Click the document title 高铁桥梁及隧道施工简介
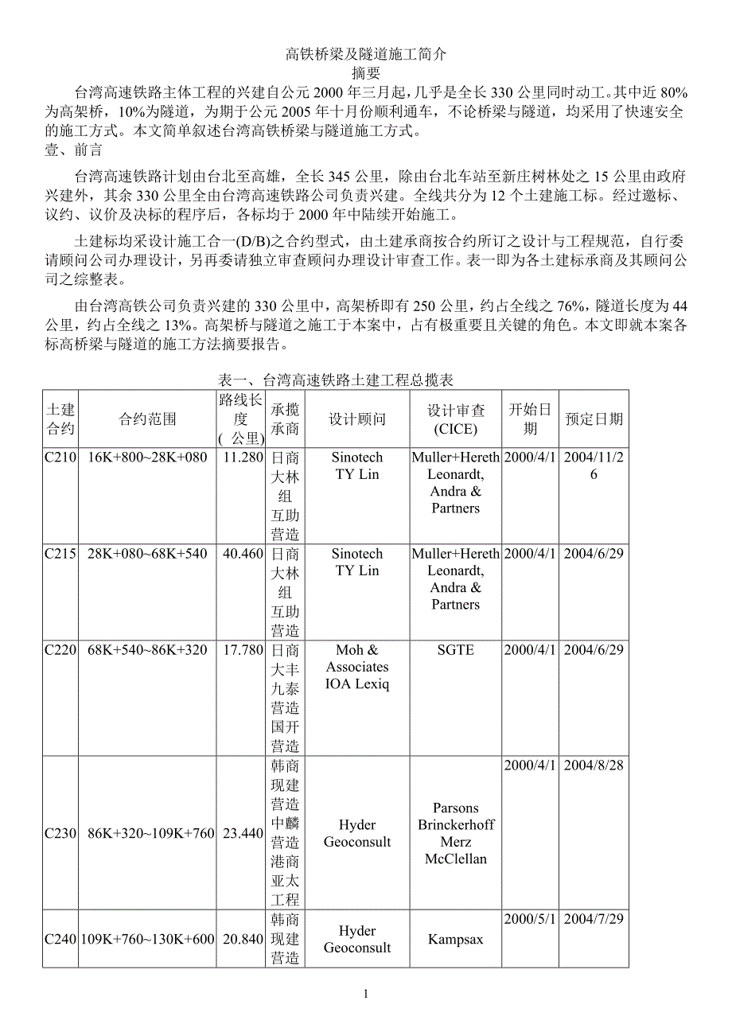click(x=366, y=54)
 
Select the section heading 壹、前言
click(x=74, y=149)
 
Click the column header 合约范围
click(x=148, y=419)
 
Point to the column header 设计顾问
click(x=357, y=419)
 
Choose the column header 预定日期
click(x=594, y=419)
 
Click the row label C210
click(x=60, y=458)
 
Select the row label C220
click(x=60, y=650)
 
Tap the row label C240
click(x=60, y=939)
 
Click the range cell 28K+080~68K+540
click(x=148, y=554)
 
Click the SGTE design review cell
click(x=455, y=650)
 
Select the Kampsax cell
click(x=455, y=940)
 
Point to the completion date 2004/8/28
click(x=594, y=765)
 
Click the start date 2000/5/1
click(x=530, y=919)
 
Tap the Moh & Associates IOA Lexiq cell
click(x=357, y=667)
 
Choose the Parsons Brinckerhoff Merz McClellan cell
click(x=455, y=833)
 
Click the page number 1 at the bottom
click(x=365, y=994)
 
